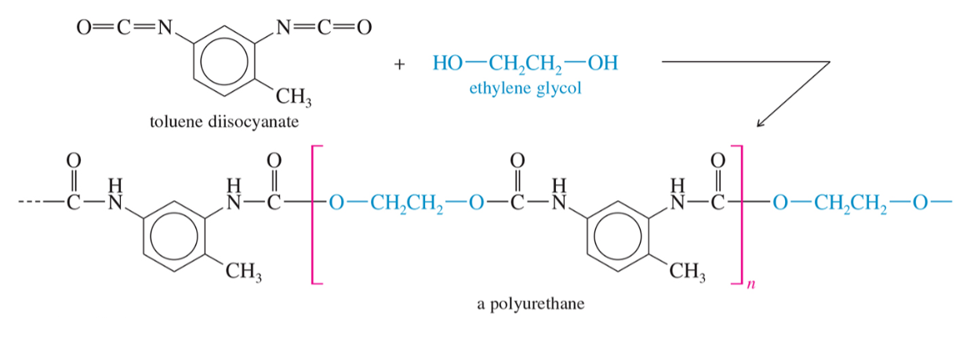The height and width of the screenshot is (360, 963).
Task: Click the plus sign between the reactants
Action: [x=399, y=64]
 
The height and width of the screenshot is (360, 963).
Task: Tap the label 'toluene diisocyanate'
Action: [x=224, y=122]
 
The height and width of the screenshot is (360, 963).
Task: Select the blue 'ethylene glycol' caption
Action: [x=525, y=88]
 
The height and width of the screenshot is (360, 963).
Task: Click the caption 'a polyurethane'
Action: [x=530, y=304]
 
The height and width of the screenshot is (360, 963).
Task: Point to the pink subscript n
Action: [x=750, y=284]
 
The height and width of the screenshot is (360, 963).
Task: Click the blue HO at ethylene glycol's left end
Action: [x=448, y=64]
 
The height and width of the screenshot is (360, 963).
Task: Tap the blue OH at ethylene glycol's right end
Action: [x=603, y=64]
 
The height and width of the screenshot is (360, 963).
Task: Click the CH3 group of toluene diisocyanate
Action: [x=293, y=96]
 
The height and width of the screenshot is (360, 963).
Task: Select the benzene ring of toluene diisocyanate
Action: [x=224, y=60]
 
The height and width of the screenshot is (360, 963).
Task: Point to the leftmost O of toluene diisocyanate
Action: [x=84, y=27]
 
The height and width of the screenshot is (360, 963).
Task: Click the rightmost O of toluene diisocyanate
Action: [x=364, y=27]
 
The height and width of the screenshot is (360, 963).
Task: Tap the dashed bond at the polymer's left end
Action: [x=30, y=202]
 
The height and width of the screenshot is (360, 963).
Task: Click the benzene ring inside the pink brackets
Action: [x=618, y=236]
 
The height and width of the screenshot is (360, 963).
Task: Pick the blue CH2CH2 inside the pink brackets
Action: [x=406, y=203]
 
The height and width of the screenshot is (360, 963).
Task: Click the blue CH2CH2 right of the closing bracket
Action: [x=850, y=203]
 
